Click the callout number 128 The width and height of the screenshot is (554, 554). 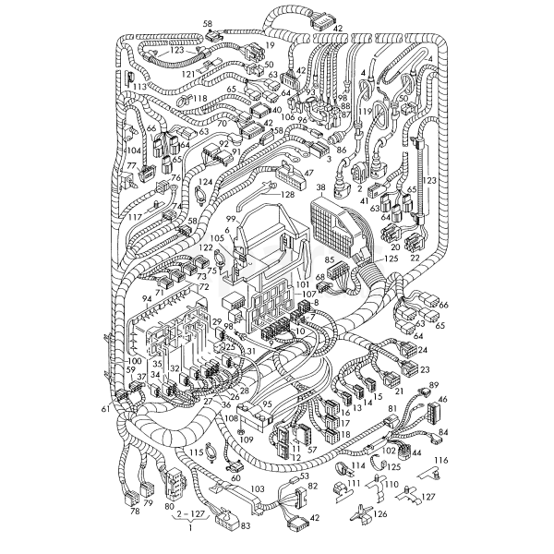pos(288,195)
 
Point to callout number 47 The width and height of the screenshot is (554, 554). pos(308,172)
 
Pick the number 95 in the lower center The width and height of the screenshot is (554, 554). pos(267,403)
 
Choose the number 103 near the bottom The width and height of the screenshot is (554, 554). pos(259,488)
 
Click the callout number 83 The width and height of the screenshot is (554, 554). pos(244,526)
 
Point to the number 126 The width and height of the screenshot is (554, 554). pos(380,513)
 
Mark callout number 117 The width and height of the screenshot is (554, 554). pos(135,217)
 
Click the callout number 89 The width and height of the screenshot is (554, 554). pos(434,384)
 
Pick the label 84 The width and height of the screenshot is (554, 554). pos(443,432)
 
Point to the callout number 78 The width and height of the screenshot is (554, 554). pos(135,511)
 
